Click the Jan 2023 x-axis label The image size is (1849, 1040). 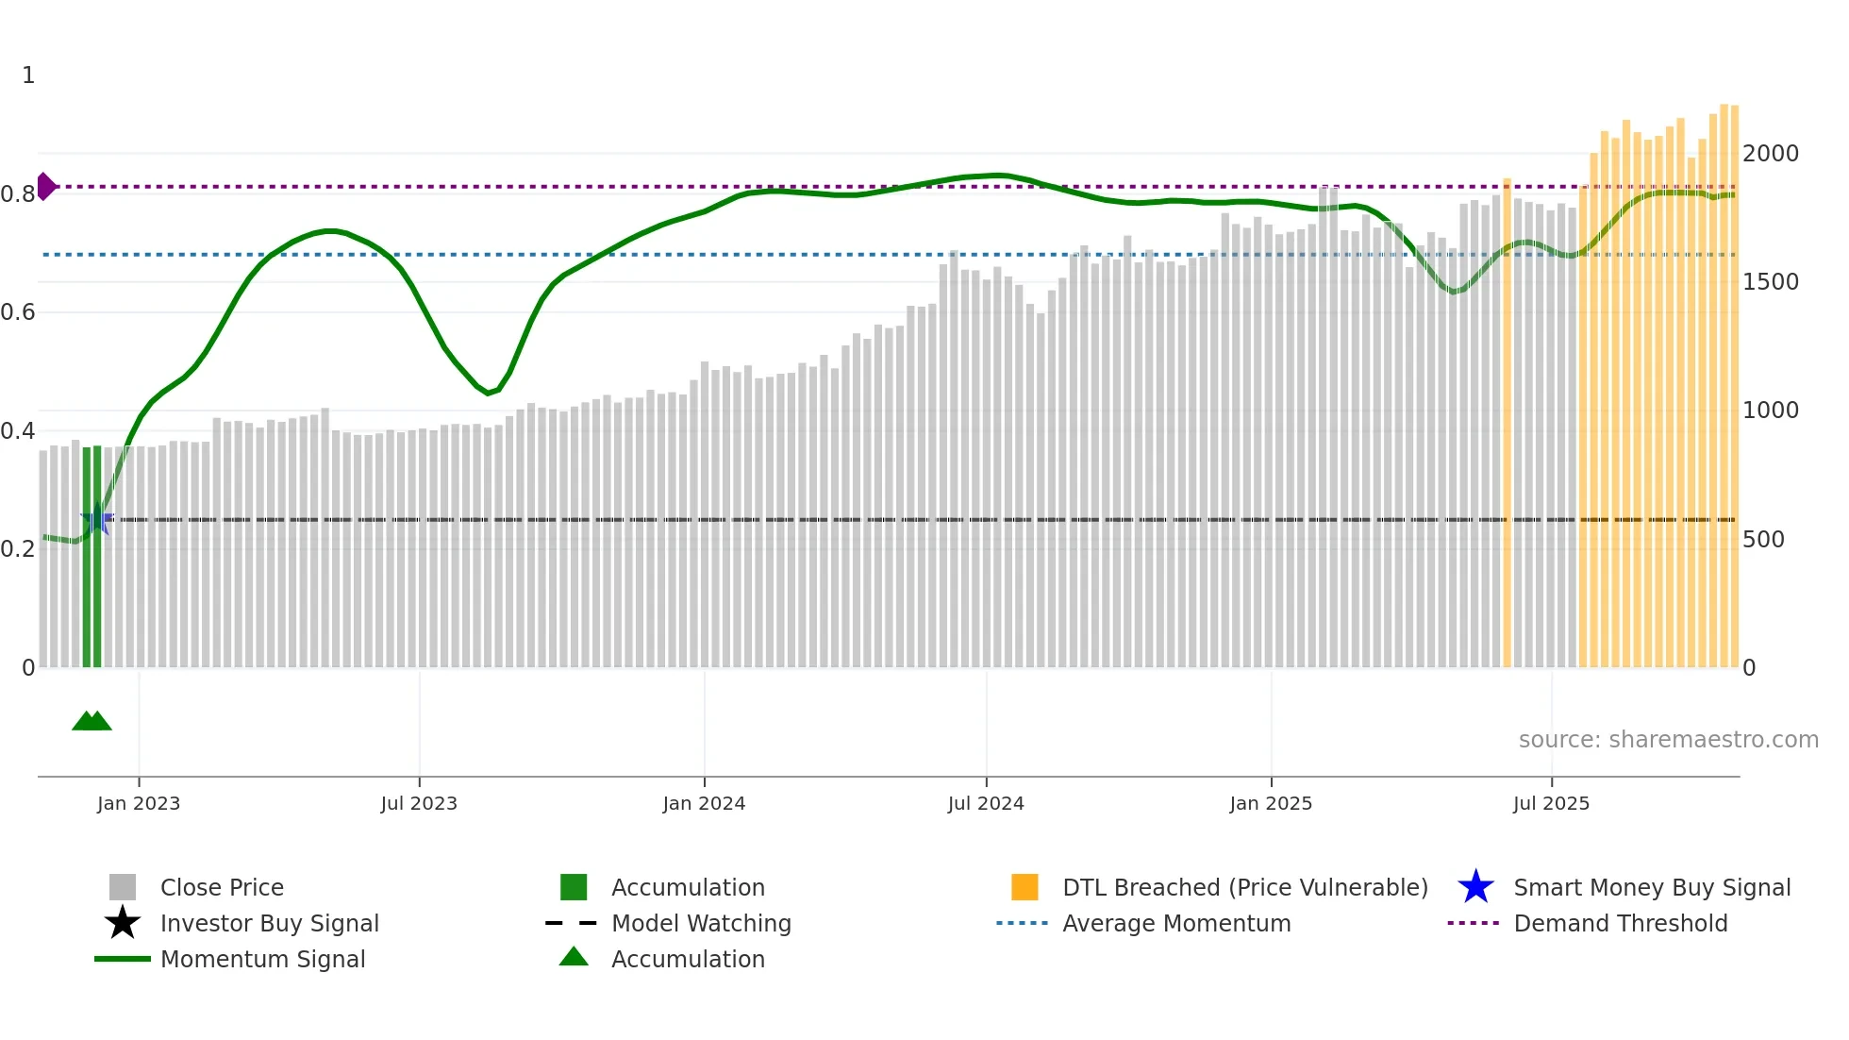tap(139, 803)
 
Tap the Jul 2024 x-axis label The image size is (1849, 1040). tap(986, 803)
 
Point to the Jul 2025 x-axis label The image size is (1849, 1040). tap(1551, 803)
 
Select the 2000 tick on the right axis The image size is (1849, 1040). tap(1771, 153)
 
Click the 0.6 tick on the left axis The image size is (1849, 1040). tap(18, 312)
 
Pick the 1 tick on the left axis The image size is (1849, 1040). tap(28, 75)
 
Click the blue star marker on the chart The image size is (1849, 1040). tap(96, 519)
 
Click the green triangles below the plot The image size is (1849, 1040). tap(92, 721)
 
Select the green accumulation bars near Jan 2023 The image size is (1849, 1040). tap(92, 557)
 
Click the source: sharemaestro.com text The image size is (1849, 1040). tap(1668, 740)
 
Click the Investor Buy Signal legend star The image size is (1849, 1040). tap(123, 923)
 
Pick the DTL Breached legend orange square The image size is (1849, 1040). tap(1024, 887)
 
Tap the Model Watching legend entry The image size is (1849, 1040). tap(700, 923)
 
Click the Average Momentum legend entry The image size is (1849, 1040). tap(1175, 923)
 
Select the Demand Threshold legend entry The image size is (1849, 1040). tap(1620, 923)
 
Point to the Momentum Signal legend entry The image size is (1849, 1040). tap(262, 959)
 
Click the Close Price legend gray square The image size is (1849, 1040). tap(123, 887)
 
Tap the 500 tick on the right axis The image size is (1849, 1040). tap(1763, 540)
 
